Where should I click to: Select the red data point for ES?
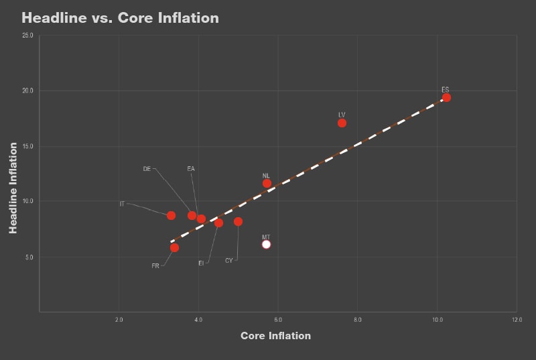click(x=446, y=98)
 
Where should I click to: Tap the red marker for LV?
click(x=342, y=123)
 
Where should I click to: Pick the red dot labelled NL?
click(x=267, y=183)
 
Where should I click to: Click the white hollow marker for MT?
click(x=266, y=244)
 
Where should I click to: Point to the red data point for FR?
click(x=174, y=247)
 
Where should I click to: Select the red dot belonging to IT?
click(x=171, y=215)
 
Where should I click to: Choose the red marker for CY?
click(x=238, y=221)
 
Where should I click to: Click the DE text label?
click(x=147, y=169)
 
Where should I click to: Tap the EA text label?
click(x=191, y=169)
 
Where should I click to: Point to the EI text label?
click(x=201, y=263)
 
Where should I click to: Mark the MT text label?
click(x=266, y=237)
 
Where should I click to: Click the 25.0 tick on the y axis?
click(x=28, y=35)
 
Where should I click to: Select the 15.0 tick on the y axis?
click(x=28, y=145)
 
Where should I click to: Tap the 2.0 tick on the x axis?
click(x=119, y=320)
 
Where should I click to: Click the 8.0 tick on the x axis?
click(x=357, y=320)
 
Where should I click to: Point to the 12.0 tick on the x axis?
click(x=515, y=320)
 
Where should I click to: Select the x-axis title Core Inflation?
click(x=275, y=336)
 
